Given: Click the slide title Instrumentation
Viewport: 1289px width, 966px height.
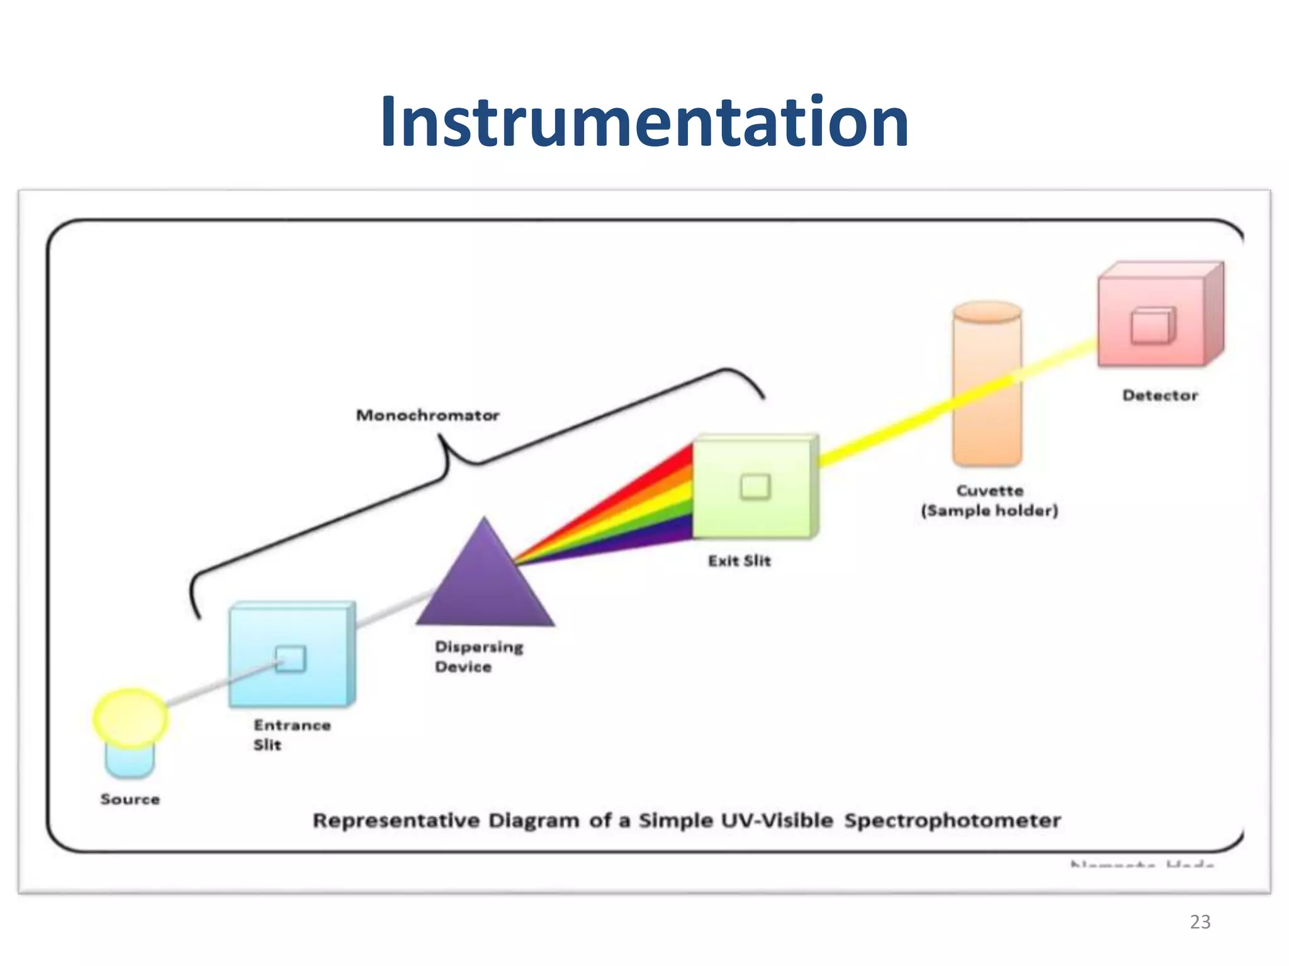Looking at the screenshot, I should (644, 123).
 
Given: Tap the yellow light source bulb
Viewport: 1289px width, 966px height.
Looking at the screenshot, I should (131, 718).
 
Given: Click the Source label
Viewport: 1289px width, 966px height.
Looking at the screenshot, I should (130, 799).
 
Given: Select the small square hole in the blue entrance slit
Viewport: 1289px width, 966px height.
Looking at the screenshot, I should (291, 658).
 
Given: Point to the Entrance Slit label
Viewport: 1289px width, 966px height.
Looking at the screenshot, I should (291, 735).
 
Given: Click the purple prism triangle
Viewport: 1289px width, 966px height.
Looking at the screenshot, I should (485, 585).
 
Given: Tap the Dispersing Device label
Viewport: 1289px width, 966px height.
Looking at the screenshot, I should (478, 657).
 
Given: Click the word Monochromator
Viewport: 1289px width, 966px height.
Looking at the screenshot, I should (427, 415).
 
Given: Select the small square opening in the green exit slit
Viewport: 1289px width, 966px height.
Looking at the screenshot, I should (755, 486).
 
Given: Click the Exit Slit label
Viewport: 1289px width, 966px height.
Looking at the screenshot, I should (739, 561).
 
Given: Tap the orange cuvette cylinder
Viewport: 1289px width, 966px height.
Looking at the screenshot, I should (986, 390).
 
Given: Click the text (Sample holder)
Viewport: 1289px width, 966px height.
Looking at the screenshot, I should (989, 511).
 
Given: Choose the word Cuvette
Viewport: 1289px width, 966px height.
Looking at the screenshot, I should (989, 491).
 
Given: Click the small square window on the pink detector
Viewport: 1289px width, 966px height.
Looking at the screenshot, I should (1152, 326).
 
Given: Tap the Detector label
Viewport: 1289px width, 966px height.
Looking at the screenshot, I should (1159, 396).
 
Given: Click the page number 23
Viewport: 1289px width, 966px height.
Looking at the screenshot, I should (1200, 922).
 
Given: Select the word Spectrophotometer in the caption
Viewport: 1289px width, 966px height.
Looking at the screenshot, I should (952, 821).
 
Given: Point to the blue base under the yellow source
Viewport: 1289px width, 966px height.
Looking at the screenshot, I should (130, 762).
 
